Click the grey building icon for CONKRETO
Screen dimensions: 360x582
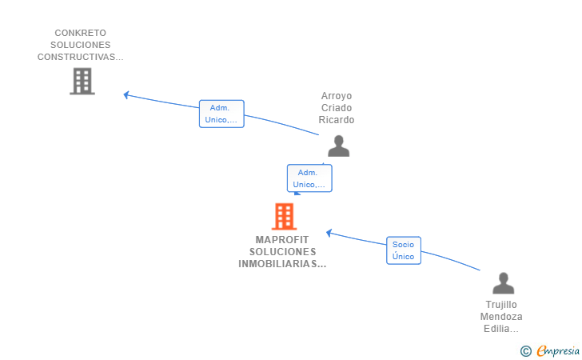(82, 81)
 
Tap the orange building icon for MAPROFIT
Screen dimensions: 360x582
(284, 216)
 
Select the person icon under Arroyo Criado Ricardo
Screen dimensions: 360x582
(339, 146)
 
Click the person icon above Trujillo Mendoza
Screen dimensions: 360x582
(503, 283)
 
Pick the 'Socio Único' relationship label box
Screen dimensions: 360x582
(404, 250)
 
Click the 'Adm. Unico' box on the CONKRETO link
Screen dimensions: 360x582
(221, 114)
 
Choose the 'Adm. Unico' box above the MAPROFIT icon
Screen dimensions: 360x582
(309, 178)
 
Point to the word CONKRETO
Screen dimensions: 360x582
(80, 34)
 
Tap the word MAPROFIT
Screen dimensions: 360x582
(281, 239)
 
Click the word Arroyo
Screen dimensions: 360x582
(337, 96)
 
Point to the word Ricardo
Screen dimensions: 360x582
(337, 120)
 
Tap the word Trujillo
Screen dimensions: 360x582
(501, 305)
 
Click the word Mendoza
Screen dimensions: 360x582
(501, 317)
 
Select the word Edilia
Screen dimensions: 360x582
(499, 329)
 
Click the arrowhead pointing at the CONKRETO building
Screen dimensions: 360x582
(126, 94)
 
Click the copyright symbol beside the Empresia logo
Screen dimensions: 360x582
(525, 350)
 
